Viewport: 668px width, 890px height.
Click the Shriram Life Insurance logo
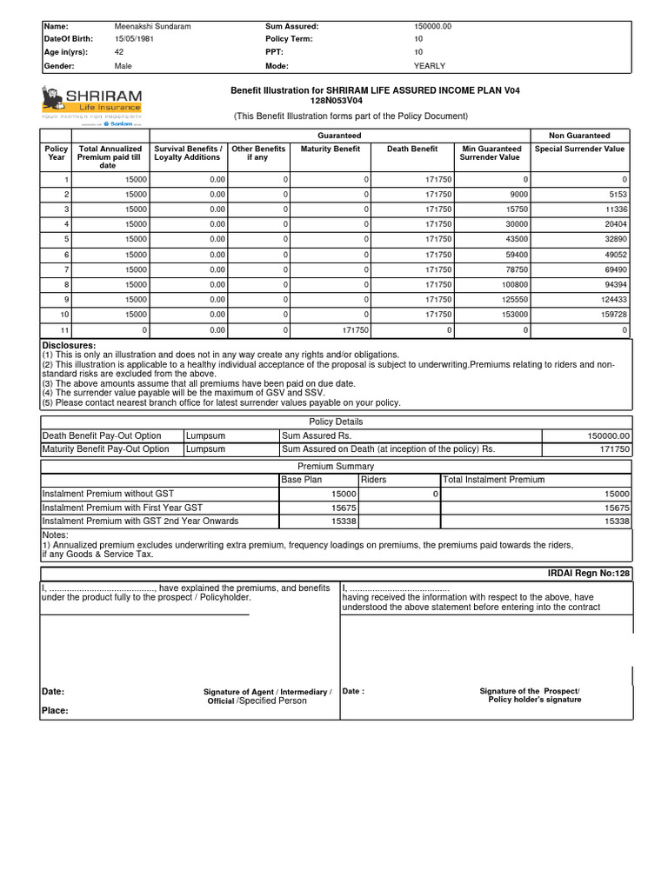pos(91,105)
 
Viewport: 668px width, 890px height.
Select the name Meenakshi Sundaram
pos(152,26)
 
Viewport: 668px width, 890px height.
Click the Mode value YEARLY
pos(429,66)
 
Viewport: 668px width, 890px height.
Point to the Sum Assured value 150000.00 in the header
pos(433,26)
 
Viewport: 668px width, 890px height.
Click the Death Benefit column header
pos(411,149)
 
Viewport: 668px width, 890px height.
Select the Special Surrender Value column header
pos(579,149)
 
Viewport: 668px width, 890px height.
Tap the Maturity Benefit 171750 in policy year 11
pos(357,330)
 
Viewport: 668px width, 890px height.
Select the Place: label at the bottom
pos(55,710)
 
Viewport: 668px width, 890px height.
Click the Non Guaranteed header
pos(578,136)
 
